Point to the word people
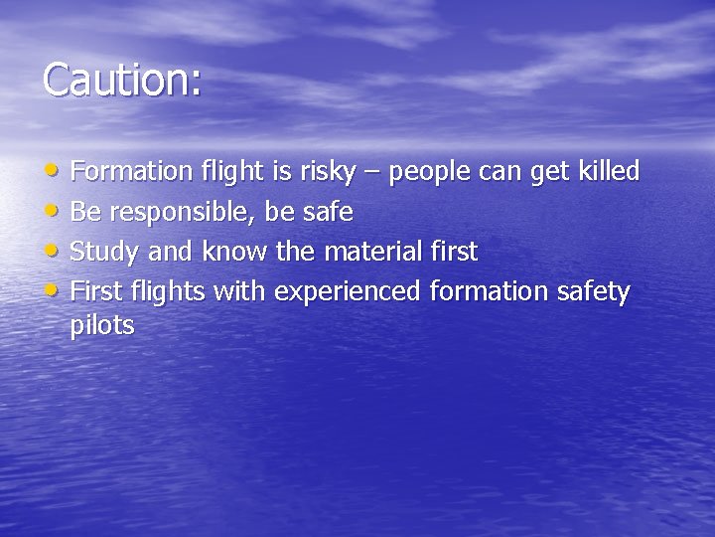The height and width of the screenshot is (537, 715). [430, 173]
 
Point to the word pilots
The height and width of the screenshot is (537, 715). [102, 325]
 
